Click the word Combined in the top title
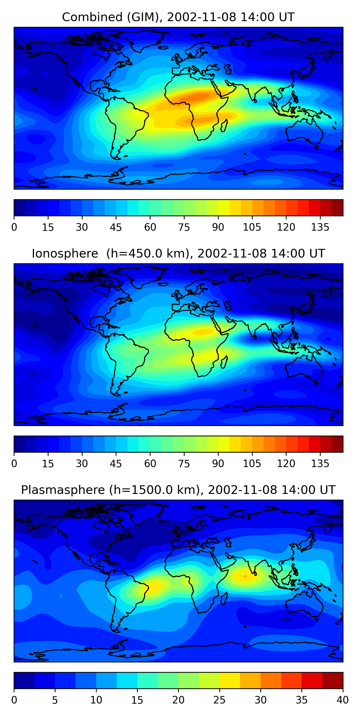coord(92,17)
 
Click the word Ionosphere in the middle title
coord(65,254)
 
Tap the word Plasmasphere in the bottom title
coord(63,490)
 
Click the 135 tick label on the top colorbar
coord(320,227)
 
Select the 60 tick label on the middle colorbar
coord(150,464)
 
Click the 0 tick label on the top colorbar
coord(14,227)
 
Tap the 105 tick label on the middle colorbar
coord(252,464)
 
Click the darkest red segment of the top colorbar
coord(337,208)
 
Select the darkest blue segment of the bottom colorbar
coord(24,681)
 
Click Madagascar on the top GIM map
coord(224,126)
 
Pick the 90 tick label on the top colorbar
coord(218,227)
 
